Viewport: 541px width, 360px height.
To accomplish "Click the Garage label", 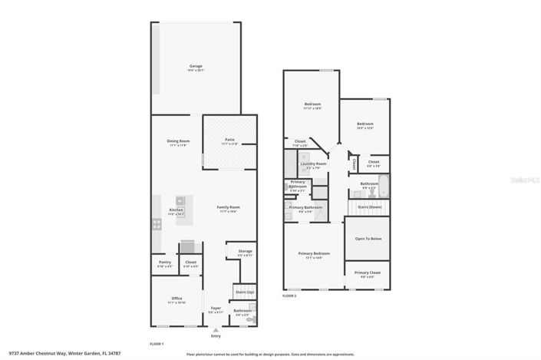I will coord(196,67).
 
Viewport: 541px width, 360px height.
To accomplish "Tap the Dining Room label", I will coord(178,141).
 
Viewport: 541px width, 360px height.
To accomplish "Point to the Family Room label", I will coord(229,207).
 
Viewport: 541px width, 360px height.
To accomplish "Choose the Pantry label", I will coord(165,263).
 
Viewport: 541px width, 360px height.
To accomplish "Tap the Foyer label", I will coord(216,311).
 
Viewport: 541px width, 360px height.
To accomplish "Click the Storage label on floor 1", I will coord(246,252).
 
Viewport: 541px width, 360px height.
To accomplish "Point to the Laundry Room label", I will coord(313,163).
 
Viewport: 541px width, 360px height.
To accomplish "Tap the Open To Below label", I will coord(368,239).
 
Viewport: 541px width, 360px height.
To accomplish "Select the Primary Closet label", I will coord(368,272).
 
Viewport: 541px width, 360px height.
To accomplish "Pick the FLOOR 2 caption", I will coord(289,296).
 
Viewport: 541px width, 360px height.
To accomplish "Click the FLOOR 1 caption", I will coord(157,343).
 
